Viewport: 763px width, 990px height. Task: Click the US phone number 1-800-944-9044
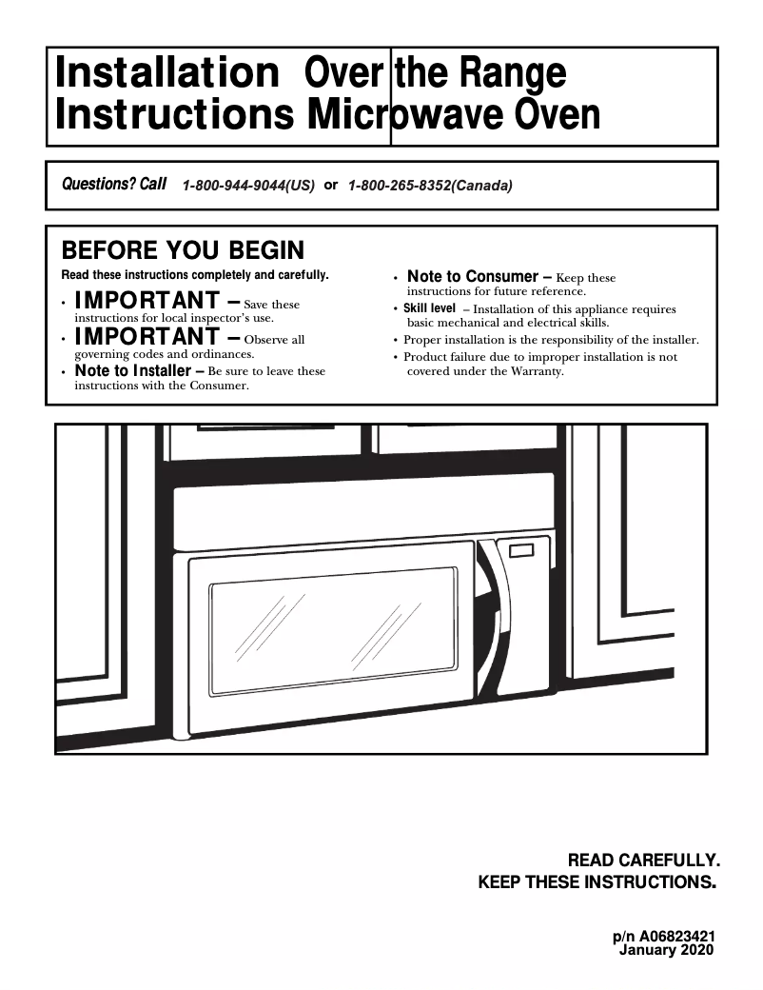tap(247, 186)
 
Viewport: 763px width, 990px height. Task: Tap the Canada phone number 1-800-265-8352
tap(430, 186)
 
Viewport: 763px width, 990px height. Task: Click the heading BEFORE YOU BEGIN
tap(183, 250)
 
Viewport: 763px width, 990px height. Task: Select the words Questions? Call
tap(114, 184)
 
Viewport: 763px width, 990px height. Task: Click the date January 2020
tap(666, 950)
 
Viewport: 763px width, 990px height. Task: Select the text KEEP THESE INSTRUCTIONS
tap(596, 882)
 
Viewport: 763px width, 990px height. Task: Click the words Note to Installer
tap(133, 370)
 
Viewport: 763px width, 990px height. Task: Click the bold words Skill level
tap(429, 308)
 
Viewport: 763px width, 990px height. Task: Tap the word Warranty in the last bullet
tap(538, 371)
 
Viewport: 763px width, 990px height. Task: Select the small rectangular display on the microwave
tap(522, 551)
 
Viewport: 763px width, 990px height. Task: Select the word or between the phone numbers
tap(331, 185)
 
